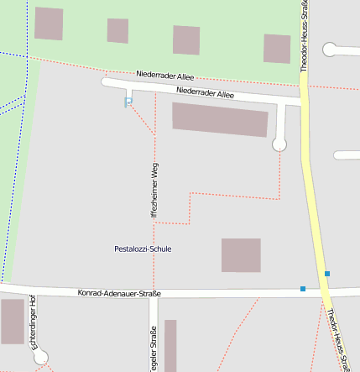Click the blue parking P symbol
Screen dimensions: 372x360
128,102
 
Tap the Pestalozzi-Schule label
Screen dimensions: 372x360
143,249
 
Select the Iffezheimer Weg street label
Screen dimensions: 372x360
154,191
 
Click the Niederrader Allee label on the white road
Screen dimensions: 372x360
206,95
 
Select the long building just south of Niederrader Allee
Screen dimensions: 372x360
221,119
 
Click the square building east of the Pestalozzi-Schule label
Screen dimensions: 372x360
241,255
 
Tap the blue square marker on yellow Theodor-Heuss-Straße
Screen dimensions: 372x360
327,274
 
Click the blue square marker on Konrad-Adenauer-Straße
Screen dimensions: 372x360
303,289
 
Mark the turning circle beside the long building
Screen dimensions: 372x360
279,144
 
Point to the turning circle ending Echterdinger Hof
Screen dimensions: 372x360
40,357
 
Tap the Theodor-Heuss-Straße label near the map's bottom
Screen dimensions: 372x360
338,340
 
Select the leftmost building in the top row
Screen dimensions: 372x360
49,24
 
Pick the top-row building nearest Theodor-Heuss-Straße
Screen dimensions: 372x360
277,49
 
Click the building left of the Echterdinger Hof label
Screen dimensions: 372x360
13,322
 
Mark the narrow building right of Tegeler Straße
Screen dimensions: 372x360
170,345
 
